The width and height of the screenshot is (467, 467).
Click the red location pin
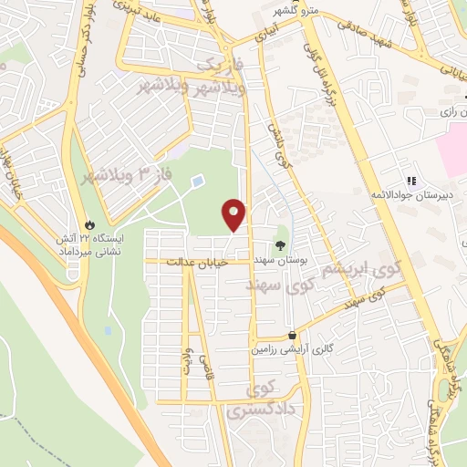[233, 214]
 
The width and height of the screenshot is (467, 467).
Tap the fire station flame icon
[88, 223]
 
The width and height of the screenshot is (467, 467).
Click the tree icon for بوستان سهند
[280, 244]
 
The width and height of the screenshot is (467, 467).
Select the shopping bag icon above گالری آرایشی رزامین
[291, 335]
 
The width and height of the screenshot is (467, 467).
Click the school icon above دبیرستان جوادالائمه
[410, 181]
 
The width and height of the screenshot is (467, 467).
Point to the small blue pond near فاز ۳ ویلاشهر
[198, 182]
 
